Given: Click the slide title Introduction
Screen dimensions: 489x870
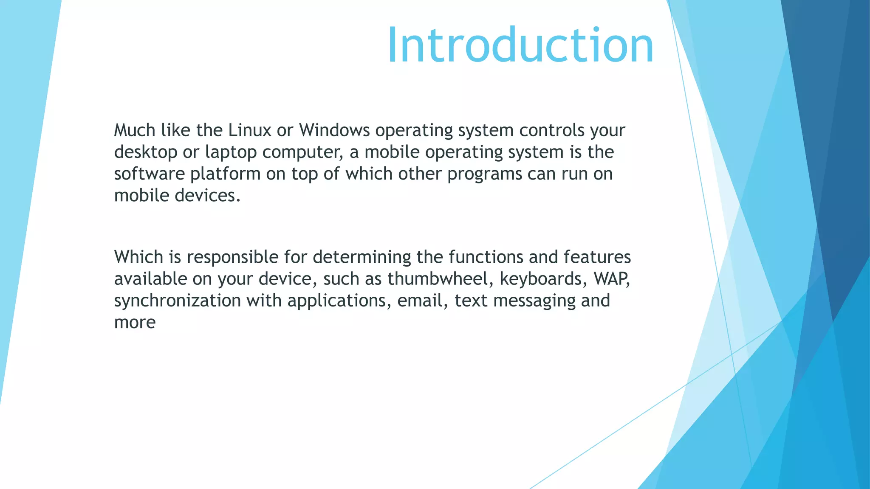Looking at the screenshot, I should pyautogui.click(x=520, y=45).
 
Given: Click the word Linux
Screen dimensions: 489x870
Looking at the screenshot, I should pyautogui.click(x=249, y=130).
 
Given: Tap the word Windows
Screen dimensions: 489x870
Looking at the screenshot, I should pyautogui.click(x=334, y=130).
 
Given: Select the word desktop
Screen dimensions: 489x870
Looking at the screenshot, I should pyautogui.click(x=145, y=152).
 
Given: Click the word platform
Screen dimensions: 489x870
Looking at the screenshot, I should pyautogui.click(x=225, y=174).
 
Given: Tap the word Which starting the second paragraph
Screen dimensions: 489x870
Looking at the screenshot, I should pyautogui.click(x=138, y=257).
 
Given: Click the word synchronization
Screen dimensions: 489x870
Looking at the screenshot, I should pyautogui.click(x=177, y=301).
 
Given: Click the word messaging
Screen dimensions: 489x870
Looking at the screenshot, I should pyautogui.click(x=534, y=301).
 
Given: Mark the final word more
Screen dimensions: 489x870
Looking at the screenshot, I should pyautogui.click(x=135, y=323).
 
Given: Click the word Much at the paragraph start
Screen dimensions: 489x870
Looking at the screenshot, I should pyautogui.click(x=135, y=130).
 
